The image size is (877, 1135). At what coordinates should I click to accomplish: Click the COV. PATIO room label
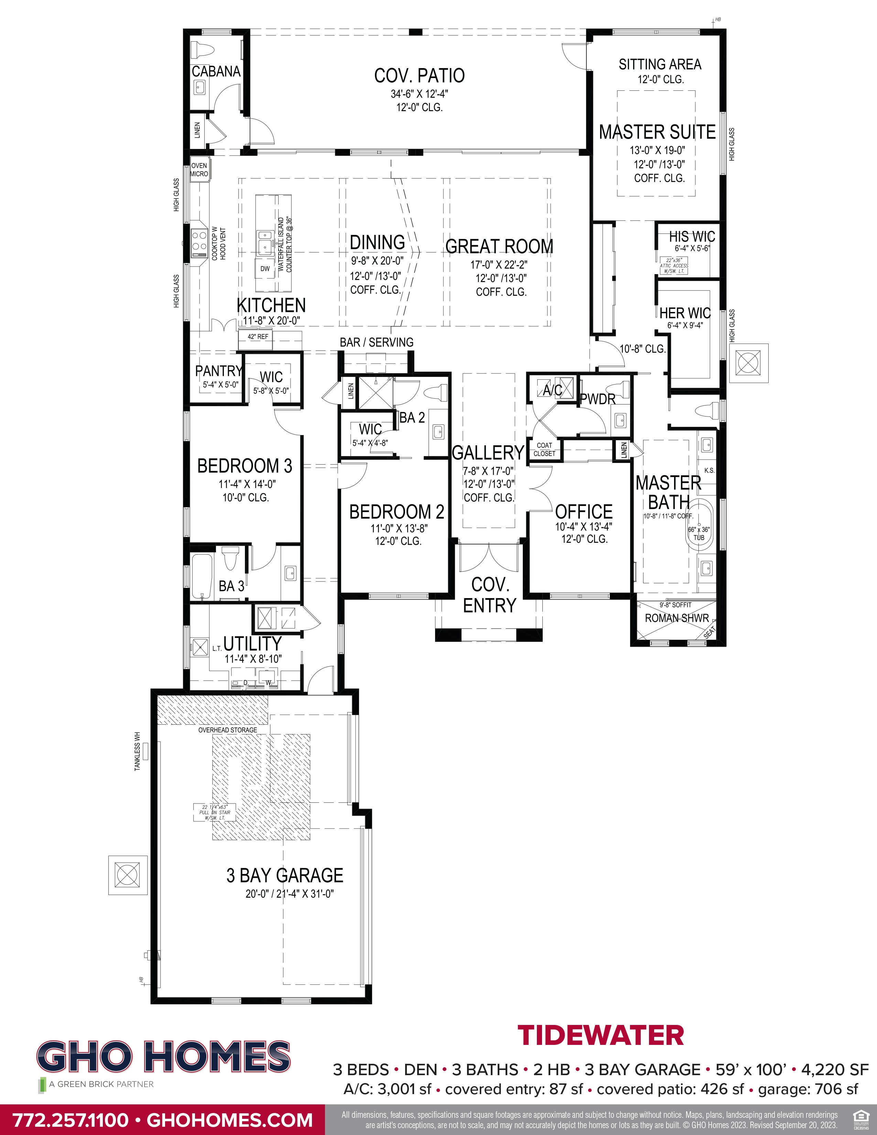tap(419, 76)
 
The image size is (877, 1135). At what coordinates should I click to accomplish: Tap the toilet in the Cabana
tap(203, 50)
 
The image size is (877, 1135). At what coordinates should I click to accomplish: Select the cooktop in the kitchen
tap(199, 243)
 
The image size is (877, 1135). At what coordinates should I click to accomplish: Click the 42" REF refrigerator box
tap(258, 337)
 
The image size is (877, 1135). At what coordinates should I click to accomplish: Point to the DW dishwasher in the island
tap(265, 269)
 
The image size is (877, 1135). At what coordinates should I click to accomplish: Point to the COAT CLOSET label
tap(544, 450)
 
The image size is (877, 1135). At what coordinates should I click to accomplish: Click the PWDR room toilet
tap(618, 390)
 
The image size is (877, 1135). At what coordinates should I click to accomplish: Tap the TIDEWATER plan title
tap(600, 1035)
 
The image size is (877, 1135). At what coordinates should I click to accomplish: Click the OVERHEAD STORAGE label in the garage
tap(228, 730)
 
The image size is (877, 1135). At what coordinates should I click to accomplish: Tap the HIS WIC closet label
tap(692, 237)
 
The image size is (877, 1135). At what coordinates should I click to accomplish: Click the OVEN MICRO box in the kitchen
tap(199, 170)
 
